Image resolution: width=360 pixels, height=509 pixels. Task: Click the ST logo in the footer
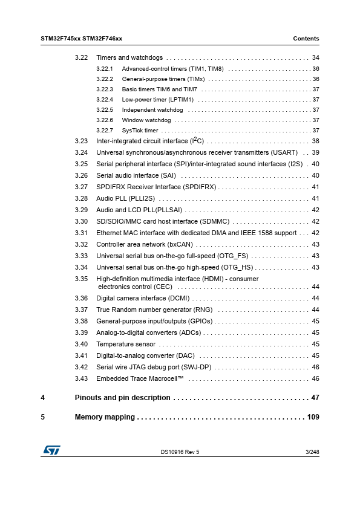(x=51, y=451)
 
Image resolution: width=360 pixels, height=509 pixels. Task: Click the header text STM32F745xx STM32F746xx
(x=81, y=39)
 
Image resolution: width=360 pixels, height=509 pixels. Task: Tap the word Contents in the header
(x=306, y=39)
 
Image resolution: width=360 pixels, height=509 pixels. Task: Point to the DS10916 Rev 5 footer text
(x=180, y=452)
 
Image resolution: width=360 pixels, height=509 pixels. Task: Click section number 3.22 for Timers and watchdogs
(x=82, y=58)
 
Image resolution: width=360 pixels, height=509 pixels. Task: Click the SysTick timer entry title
(x=140, y=131)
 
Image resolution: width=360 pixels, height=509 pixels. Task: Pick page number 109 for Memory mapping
(x=313, y=417)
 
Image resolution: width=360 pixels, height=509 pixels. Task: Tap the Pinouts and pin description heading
(x=122, y=398)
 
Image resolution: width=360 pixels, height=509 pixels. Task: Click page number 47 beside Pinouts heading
(x=315, y=398)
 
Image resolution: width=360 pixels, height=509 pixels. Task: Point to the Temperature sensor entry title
(x=126, y=344)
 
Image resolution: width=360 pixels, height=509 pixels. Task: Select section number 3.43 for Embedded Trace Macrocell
(x=82, y=378)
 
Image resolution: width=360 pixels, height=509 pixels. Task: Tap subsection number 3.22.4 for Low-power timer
(x=105, y=100)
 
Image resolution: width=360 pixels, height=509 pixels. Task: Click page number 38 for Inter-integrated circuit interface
(x=315, y=141)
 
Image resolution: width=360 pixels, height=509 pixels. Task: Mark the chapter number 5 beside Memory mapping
(x=43, y=417)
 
